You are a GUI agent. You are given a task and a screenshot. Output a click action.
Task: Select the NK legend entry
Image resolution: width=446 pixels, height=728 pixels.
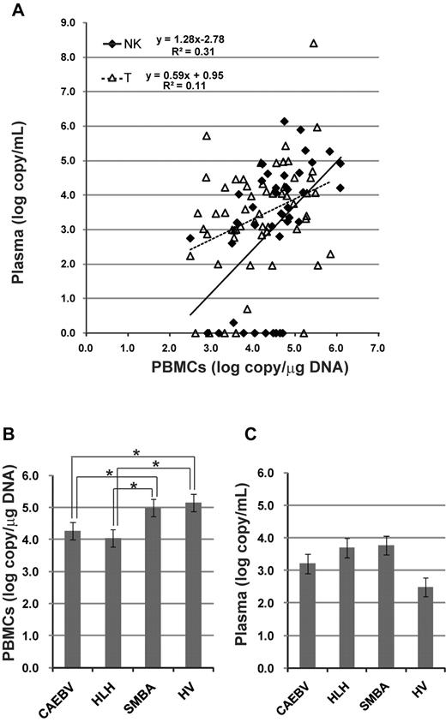[124, 42]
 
